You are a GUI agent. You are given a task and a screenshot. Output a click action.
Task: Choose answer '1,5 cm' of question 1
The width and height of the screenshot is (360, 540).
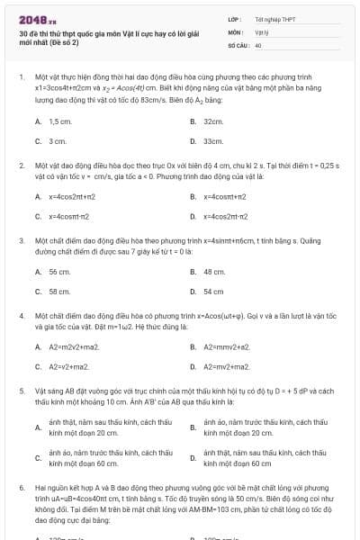(x=60, y=121)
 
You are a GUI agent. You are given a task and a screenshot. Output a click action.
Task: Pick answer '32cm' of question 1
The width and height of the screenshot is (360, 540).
(x=213, y=121)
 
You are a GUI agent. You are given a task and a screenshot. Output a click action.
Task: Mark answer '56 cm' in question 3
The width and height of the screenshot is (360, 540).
(x=59, y=272)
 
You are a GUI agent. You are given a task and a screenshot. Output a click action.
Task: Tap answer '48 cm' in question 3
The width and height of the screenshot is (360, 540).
(x=214, y=272)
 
